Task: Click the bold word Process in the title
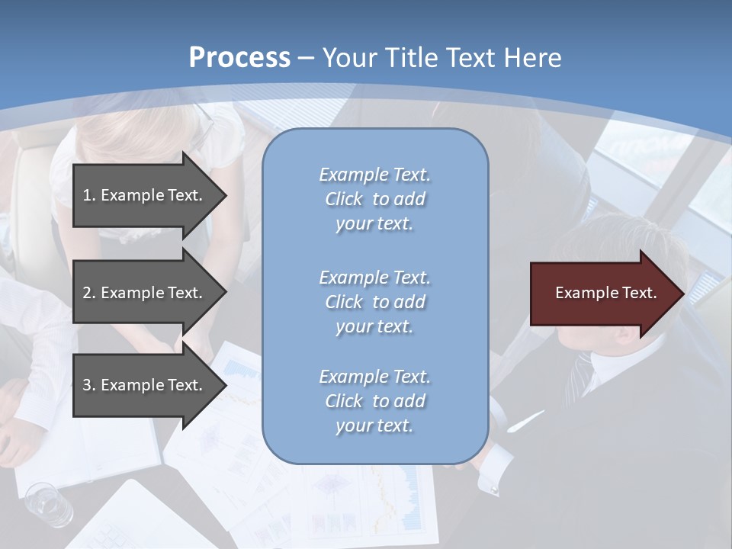pos(239,58)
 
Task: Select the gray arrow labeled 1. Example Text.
pos(143,195)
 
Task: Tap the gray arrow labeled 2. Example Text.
pos(143,293)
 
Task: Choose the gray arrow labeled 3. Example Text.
pos(143,385)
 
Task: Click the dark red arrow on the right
pos(602,294)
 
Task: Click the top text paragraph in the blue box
pos(374,199)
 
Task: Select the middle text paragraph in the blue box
pos(374,302)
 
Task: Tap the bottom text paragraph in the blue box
pos(374,401)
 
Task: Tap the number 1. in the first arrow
pos(89,195)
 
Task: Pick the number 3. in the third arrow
pos(89,385)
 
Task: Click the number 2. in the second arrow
pos(89,293)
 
